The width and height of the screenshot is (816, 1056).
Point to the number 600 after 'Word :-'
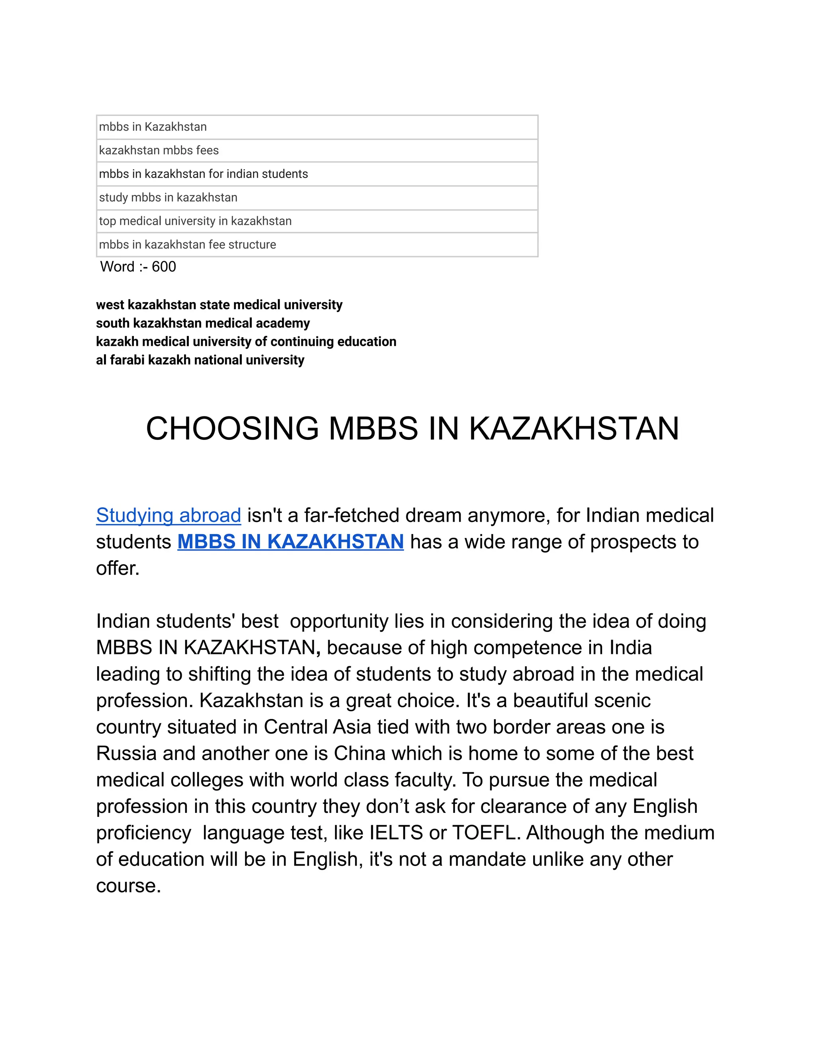coord(164,267)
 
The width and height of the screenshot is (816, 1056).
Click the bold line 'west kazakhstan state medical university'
coord(219,304)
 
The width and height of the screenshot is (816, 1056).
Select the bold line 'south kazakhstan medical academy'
coord(203,323)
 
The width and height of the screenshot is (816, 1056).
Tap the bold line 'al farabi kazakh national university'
coord(200,360)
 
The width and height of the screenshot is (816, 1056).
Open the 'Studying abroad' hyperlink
coord(168,515)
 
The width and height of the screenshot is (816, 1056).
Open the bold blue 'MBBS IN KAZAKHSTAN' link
coord(290,542)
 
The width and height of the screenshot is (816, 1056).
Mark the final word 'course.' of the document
coord(128,886)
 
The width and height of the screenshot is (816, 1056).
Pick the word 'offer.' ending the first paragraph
coord(118,568)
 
